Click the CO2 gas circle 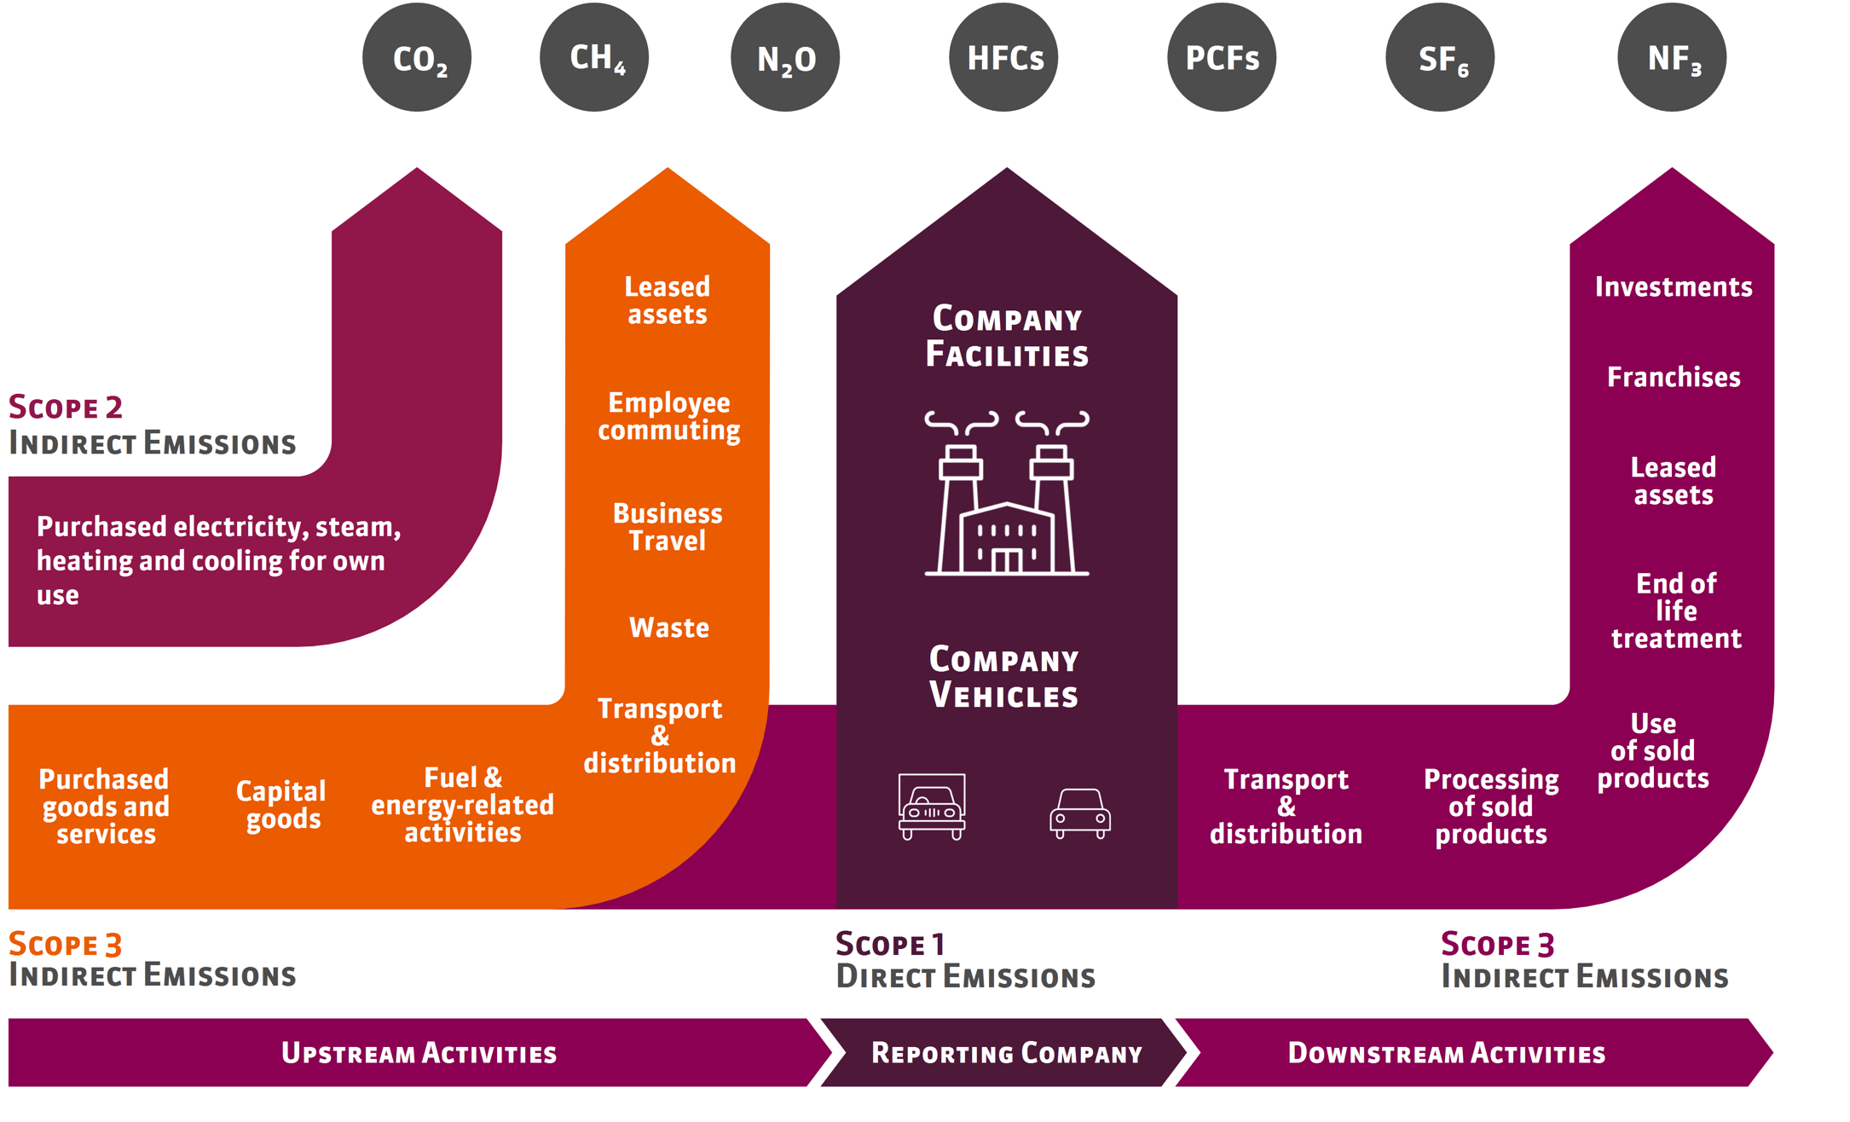tap(417, 57)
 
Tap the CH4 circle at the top tap(594, 57)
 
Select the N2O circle tap(785, 57)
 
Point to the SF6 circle tap(1440, 57)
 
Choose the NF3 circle tap(1672, 57)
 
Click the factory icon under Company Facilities tap(1007, 494)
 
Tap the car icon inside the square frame tap(932, 807)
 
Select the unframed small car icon tap(1079, 813)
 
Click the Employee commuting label tap(668, 416)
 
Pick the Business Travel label tap(668, 527)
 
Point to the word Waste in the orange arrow tap(669, 628)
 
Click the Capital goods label tap(281, 805)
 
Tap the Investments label tap(1674, 286)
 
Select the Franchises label tap(1674, 377)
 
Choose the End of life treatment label tap(1676, 610)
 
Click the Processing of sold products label tap(1491, 806)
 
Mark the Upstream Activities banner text tap(419, 1053)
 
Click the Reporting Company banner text tap(1006, 1053)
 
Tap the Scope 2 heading tap(66, 407)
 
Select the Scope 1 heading tap(890, 944)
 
